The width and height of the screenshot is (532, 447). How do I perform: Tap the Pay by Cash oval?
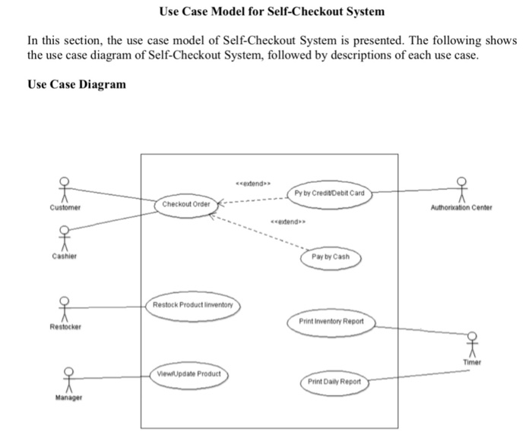click(331, 257)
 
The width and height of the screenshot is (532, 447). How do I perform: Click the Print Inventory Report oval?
click(331, 321)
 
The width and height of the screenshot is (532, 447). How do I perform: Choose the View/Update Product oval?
click(188, 374)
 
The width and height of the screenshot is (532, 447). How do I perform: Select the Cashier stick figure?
click(65, 238)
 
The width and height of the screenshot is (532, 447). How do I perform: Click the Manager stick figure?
click(68, 377)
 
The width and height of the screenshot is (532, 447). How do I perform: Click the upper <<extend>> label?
click(252, 183)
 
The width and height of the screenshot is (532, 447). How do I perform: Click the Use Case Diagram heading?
click(77, 84)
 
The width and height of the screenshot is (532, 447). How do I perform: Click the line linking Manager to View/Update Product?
click(114, 376)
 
